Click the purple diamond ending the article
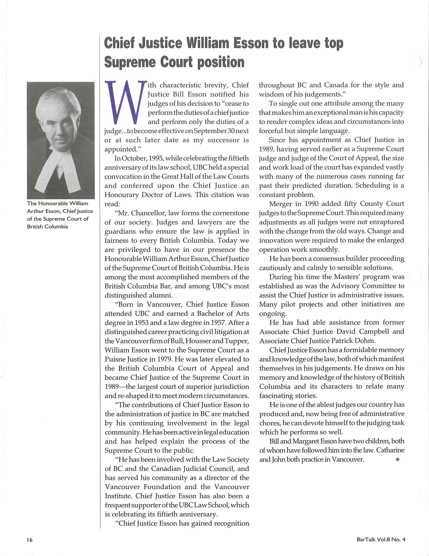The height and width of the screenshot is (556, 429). [x=398, y=459]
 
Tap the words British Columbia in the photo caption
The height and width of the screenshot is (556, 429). [x=47, y=227]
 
